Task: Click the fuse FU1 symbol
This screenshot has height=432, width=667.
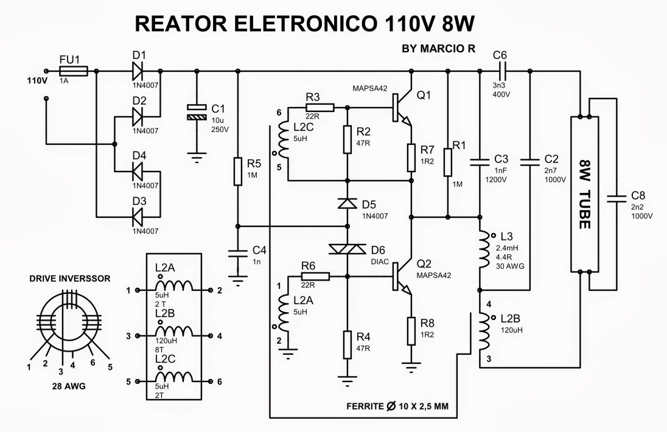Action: tap(74, 71)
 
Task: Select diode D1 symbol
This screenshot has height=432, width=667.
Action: tap(139, 71)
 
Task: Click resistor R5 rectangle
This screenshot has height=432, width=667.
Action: tap(238, 172)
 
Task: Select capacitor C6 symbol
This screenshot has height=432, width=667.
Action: tap(500, 71)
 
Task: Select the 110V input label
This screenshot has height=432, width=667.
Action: tap(36, 80)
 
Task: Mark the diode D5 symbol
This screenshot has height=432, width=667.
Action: tap(347, 203)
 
